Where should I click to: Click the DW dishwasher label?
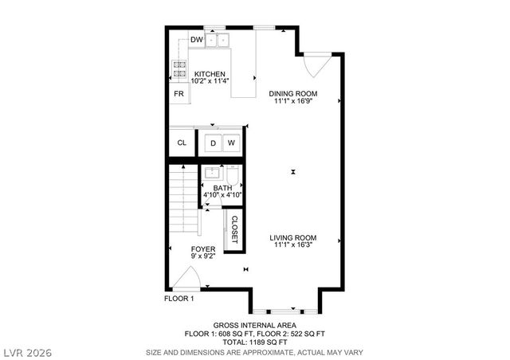[196, 39]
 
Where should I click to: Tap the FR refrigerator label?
[179, 93]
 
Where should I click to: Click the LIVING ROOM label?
[293, 238]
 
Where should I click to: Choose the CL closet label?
[182, 143]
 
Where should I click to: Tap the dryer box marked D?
[213, 143]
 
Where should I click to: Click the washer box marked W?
[231, 143]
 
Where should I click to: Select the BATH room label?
[222, 188]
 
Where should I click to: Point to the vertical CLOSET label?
[234, 229]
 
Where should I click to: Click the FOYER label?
[203, 249]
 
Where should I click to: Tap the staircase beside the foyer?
[184, 199]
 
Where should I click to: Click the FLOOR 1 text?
[179, 299]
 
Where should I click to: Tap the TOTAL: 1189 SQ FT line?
[254, 342]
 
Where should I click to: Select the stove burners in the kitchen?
[179, 69]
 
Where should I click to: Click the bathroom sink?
[213, 173]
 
